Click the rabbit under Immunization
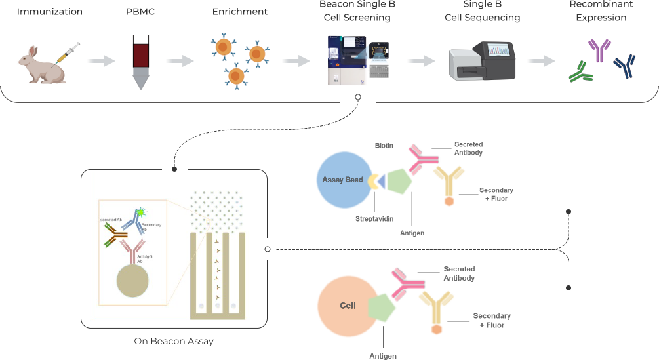[41, 66]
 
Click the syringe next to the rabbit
[68, 53]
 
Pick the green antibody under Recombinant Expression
[580, 73]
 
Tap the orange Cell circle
[347, 306]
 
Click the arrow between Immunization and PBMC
[100, 60]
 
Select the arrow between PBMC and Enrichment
[179, 60]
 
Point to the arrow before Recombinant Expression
[541, 60]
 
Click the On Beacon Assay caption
[174, 341]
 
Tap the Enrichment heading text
[239, 12]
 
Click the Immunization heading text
[50, 12]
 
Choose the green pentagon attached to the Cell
[382, 307]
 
